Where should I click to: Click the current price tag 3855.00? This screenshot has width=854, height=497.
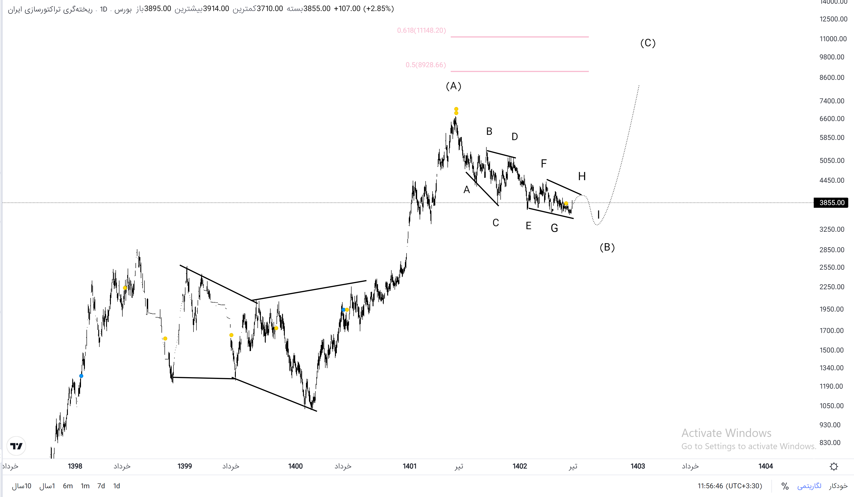pos(831,203)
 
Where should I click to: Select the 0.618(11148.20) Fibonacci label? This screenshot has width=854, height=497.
pos(421,31)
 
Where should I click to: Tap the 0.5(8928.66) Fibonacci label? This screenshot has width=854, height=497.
pos(426,65)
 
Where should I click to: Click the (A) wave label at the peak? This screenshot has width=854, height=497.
pos(453,86)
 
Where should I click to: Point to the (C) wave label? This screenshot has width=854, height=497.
pos(648,43)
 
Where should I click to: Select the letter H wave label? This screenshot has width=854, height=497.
pos(582,176)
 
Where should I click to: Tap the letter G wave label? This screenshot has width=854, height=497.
pos(554,228)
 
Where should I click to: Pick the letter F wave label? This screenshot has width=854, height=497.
pos(544,164)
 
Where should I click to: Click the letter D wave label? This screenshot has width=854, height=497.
pos(514,137)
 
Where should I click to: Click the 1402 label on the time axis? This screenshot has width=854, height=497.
pos(519,466)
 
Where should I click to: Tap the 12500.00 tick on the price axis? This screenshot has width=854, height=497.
pos(833,19)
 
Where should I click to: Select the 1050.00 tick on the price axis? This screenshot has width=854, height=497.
pos(831,406)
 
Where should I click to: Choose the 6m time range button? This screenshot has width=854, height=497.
pos(68,486)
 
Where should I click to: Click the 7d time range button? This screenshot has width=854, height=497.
pos(101,486)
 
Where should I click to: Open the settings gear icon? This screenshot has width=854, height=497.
pos(834,466)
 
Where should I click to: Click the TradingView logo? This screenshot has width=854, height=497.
pos(16,446)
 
